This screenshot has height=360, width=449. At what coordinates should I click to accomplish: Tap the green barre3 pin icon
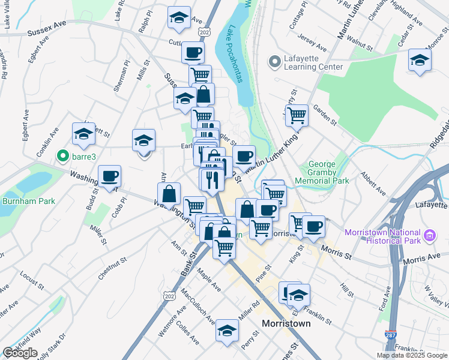point(61,157)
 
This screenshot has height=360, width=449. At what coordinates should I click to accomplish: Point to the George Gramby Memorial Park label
point(328,172)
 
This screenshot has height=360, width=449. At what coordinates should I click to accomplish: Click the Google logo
point(20,353)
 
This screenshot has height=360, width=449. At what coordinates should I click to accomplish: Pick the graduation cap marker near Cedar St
point(420,61)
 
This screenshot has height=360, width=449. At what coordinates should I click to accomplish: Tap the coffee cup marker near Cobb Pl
point(109,176)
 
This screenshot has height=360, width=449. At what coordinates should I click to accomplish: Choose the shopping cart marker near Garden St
point(297,115)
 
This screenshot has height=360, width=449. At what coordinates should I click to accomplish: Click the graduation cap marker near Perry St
point(227,331)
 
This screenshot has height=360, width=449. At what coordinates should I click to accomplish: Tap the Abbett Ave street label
point(372,183)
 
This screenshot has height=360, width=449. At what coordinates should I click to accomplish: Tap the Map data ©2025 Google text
point(411,355)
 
